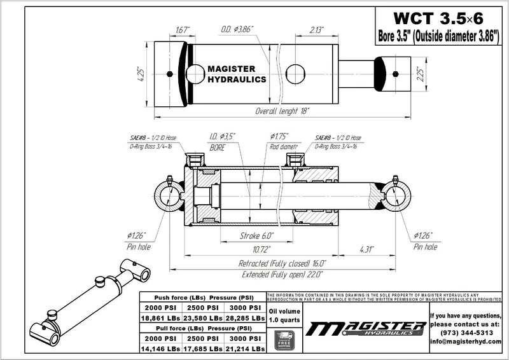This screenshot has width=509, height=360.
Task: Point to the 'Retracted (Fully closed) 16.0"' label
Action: (282, 263)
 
